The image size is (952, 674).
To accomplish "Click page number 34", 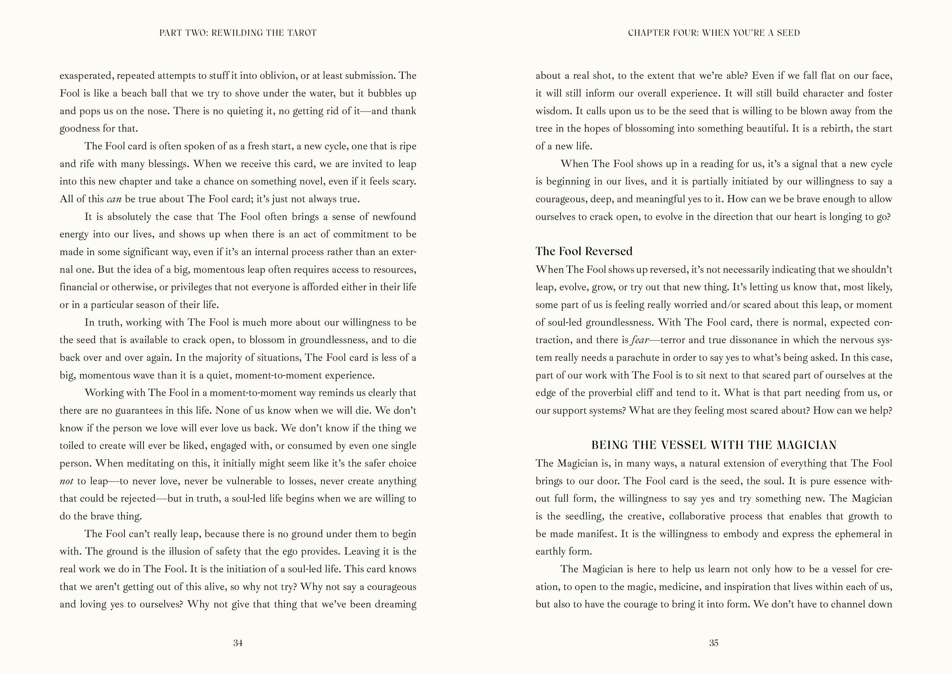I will point(238,643).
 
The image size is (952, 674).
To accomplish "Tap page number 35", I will point(714,643).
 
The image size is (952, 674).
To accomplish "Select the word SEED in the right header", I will point(788,33).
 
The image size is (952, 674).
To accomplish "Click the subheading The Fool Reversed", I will point(584,251).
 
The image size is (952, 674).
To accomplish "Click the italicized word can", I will point(114,199).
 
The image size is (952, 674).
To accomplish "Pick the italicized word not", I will point(67,481).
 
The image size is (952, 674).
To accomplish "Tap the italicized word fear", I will point(640,340).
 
